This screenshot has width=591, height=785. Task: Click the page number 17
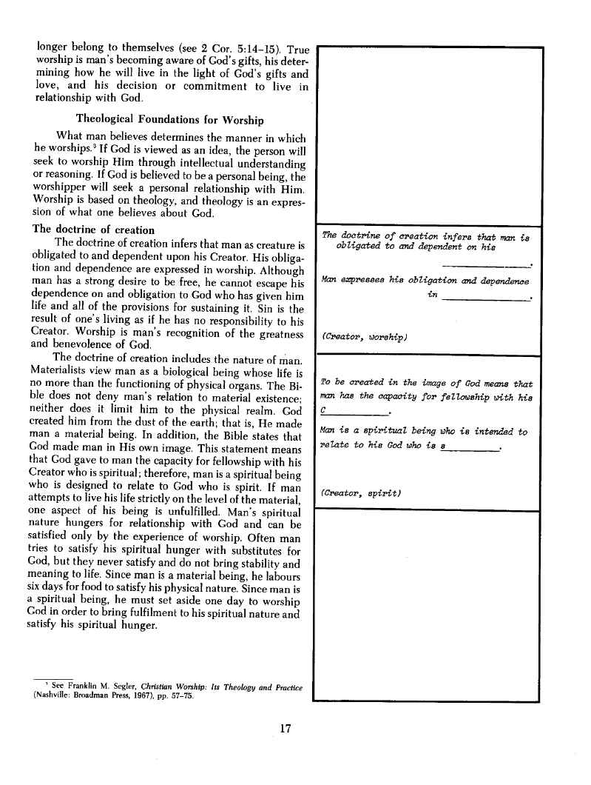[x=288, y=728]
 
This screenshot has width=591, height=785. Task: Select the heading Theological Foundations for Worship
[x=170, y=119]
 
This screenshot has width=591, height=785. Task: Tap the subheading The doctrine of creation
[x=94, y=230]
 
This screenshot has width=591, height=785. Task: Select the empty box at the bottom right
[x=429, y=604]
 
